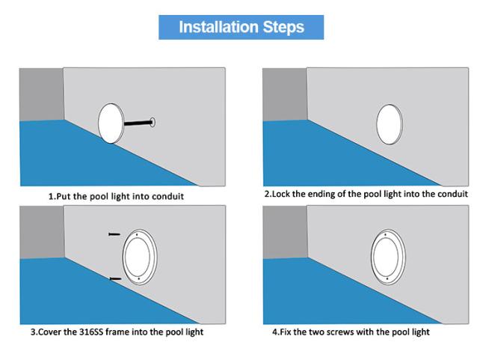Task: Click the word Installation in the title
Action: click(x=219, y=27)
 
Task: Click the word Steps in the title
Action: click(x=283, y=27)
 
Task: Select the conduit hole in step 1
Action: click(x=153, y=122)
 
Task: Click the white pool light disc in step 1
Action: click(x=111, y=123)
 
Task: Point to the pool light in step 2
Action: click(x=390, y=124)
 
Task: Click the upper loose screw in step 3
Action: click(x=114, y=234)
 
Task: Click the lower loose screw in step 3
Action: click(x=115, y=279)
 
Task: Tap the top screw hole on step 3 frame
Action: click(x=136, y=235)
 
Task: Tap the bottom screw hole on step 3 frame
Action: click(x=138, y=279)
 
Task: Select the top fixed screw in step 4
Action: click(x=385, y=234)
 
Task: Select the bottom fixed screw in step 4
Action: click(x=388, y=279)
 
